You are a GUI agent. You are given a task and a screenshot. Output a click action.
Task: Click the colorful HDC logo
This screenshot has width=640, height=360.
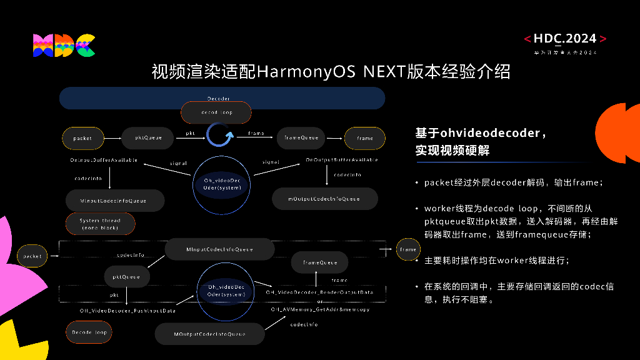coord(64,46)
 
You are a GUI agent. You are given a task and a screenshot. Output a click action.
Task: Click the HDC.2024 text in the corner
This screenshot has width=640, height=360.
coord(565,39)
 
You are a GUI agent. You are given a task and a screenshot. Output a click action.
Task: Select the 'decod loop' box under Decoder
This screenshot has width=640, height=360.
coord(216,112)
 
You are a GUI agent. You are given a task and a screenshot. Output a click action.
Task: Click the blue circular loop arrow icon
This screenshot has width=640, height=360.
coord(220,134)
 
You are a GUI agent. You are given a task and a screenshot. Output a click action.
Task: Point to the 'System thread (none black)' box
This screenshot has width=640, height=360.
coord(100,224)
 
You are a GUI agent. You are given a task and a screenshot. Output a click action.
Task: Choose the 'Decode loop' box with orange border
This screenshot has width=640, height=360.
coord(89,332)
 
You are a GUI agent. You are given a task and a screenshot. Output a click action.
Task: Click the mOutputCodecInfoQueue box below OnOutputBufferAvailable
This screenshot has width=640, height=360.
coord(324,199)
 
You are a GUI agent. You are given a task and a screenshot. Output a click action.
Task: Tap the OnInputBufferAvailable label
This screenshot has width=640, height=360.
coord(104,160)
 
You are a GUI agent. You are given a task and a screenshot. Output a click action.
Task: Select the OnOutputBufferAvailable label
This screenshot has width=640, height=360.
coord(341,160)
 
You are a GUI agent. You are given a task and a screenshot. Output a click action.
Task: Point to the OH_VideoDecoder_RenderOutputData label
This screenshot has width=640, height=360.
coord(319,292)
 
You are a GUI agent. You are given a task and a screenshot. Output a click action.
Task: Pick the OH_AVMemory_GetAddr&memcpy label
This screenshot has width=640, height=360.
coord(320,309)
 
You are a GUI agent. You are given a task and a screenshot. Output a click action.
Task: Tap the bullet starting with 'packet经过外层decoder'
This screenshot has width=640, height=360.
coord(513,183)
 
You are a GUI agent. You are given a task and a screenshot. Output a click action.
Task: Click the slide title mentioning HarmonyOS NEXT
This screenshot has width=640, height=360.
coord(331,71)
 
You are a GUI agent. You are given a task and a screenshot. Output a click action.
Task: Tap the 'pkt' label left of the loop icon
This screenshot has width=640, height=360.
coord(191,133)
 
